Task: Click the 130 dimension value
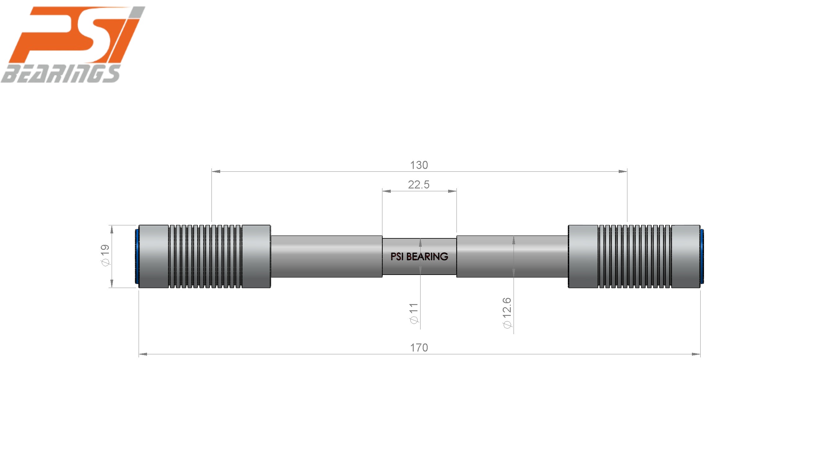[x=419, y=165]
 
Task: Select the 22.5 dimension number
[x=419, y=184]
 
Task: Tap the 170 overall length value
[x=419, y=347]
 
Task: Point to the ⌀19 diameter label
[x=105, y=255]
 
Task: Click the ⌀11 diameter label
[x=414, y=313]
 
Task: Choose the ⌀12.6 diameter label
[x=507, y=313]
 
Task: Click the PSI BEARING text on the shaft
[x=419, y=256]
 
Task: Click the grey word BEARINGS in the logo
[x=61, y=73]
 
